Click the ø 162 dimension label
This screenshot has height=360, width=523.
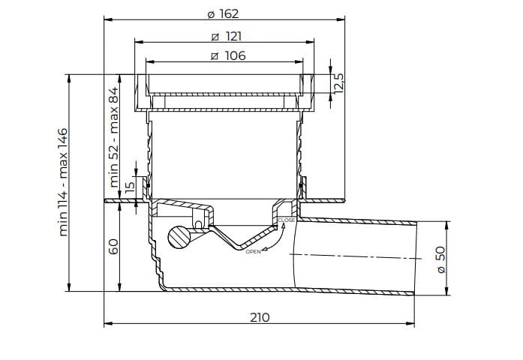pyautogui.click(x=222, y=14)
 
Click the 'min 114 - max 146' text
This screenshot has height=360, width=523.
pyautogui.click(x=63, y=182)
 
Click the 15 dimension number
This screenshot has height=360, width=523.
pyautogui.click(x=128, y=187)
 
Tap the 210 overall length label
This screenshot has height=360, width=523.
pyautogui.click(x=259, y=317)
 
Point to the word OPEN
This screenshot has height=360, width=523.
pyautogui.click(x=253, y=252)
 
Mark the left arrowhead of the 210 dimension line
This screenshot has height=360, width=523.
pyautogui.click(x=105, y=324)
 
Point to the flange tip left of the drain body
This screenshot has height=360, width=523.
pyautogui.click(x=106, y=200)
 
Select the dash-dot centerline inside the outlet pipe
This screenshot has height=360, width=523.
pyautogui.click(x=353, y=256)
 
